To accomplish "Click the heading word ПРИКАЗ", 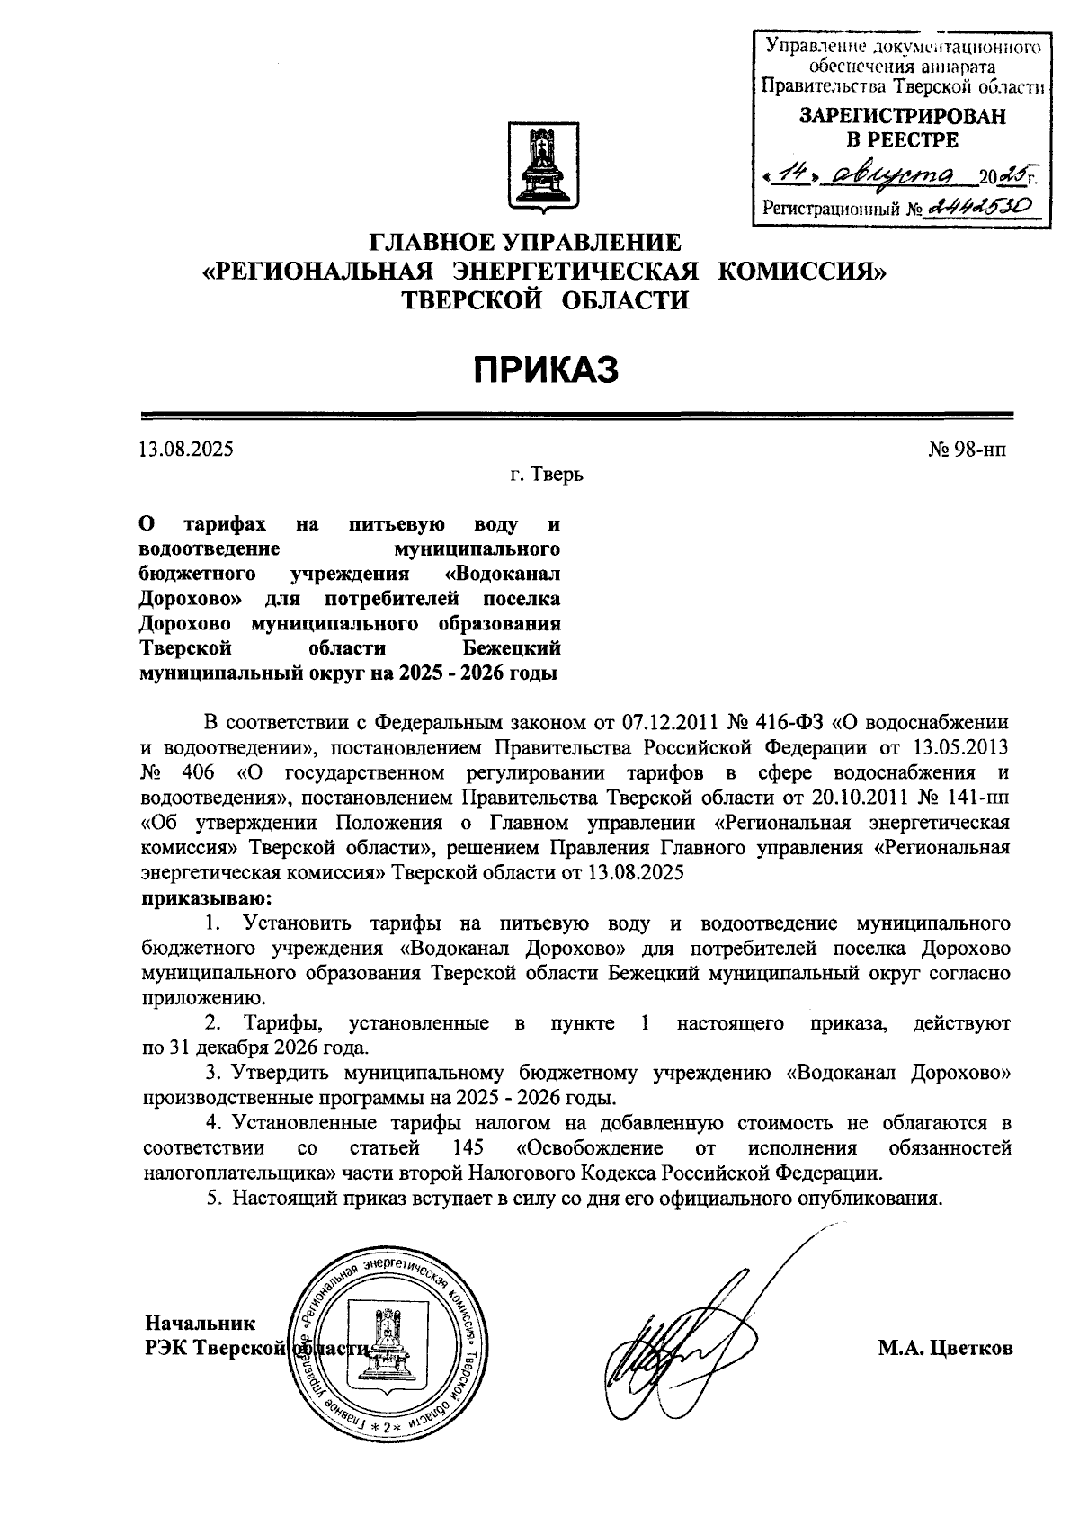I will (547, 370).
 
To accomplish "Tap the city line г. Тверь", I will (547, 474).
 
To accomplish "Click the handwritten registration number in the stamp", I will (980, 208).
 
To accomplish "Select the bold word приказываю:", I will (205, 897).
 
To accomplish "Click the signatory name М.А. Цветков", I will (946, 1349).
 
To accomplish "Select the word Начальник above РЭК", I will (201, 1323).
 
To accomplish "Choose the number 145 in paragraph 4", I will (464, 1148).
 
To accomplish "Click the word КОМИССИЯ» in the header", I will (806, 271).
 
